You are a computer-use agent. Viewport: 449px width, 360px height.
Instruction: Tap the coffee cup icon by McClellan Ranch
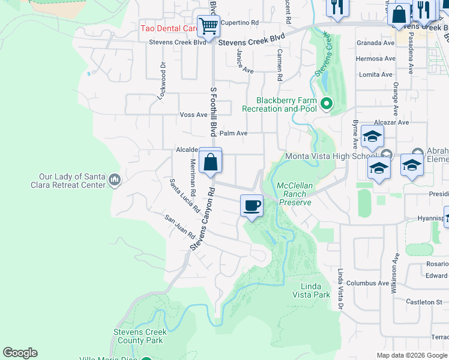[x=252, y=206]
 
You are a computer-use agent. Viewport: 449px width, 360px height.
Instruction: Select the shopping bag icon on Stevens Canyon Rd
[x=210, y=161]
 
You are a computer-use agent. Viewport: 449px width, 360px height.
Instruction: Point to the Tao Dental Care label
[x=169, y=28]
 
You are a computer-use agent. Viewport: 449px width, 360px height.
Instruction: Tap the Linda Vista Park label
[x=311, y=290]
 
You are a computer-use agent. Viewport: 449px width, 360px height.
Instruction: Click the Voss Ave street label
[x=193, y=115]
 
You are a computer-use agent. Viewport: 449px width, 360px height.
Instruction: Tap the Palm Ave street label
[x=234, y=133]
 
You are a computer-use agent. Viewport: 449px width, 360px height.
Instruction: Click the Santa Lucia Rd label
[x=184, y=196]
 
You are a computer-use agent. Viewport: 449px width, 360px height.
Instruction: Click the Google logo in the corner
[x=20, y=353]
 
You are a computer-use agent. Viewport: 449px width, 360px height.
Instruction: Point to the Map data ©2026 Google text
[x=412, y=355]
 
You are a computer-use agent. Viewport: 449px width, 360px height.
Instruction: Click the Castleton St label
[x=424, y=302]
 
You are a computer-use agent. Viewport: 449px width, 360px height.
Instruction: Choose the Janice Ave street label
[x=245, y=62]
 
